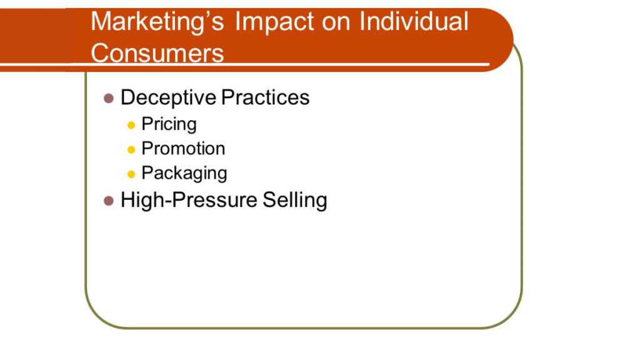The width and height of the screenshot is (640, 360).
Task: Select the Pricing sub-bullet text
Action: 169,124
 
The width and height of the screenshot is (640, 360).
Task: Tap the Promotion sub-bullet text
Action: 183,149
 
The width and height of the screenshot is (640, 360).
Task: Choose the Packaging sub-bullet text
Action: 184,173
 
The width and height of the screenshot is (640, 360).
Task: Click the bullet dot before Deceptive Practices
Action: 109,98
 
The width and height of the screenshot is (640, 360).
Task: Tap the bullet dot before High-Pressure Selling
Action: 109,201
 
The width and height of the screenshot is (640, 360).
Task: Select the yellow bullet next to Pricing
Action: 131,125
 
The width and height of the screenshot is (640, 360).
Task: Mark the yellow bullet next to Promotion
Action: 131,149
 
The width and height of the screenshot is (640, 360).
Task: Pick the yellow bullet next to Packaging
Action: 131,174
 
